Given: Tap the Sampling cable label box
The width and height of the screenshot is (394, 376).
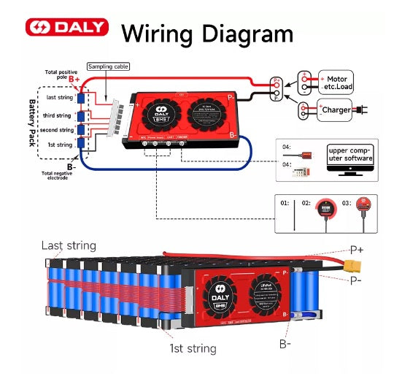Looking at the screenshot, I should coord(108,66).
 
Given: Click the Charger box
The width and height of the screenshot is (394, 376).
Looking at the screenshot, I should coord(335,111).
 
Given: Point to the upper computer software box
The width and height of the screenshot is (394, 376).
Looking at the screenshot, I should coord(349,153).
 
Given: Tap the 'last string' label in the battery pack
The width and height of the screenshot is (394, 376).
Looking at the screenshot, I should coord(58,98).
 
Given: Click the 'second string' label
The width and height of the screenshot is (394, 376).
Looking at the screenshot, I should coord(57,130).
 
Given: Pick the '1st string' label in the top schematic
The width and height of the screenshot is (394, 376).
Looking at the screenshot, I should coord(59,145).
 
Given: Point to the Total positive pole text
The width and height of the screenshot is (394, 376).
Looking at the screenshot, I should coord(60,74).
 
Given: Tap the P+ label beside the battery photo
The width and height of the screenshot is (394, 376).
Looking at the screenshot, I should coord(357,250).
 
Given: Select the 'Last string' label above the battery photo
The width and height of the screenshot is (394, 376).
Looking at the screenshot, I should coord(68,245).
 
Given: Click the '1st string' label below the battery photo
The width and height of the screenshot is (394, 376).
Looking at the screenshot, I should coord(193,348).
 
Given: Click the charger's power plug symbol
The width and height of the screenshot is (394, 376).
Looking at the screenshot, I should coord(360,111).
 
